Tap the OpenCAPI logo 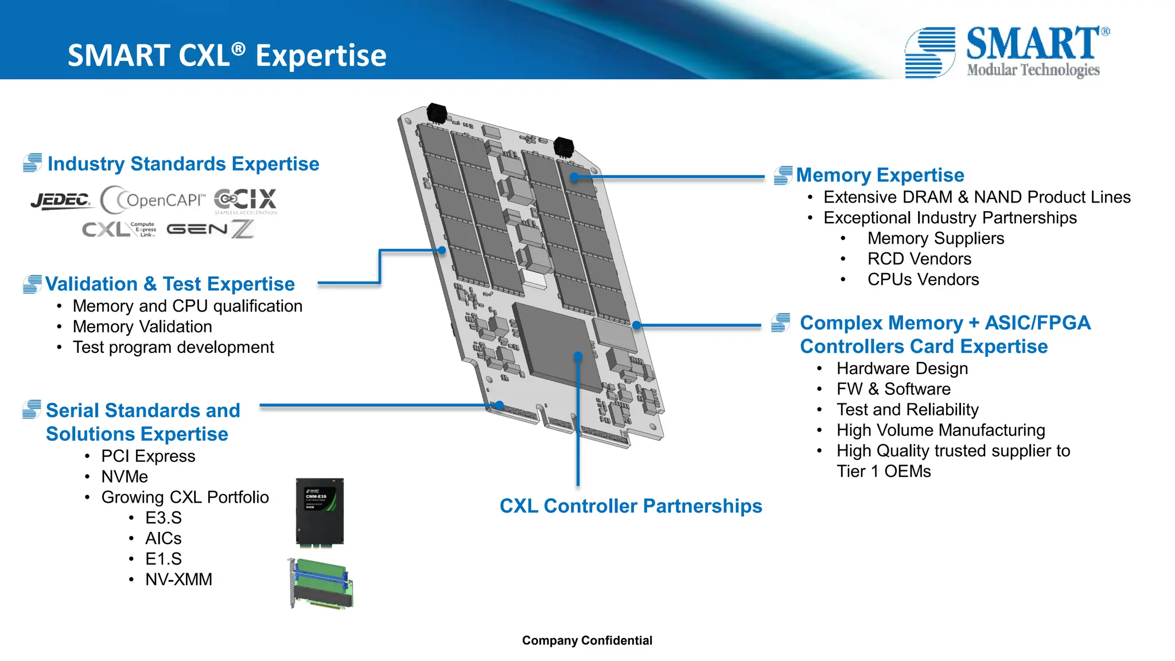153,200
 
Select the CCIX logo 246,200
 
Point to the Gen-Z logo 210,229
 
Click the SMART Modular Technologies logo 1007,52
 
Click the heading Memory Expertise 880,175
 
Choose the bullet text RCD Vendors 919,259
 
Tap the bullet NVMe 124,477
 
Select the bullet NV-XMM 178,580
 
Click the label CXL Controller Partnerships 631,506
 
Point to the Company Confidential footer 587,640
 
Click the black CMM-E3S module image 320,511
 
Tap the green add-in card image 321,584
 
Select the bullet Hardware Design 902,368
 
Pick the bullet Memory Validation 142,326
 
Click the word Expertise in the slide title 321,56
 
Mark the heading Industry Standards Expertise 183,164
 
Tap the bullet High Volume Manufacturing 940,430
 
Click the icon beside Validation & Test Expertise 32,284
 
